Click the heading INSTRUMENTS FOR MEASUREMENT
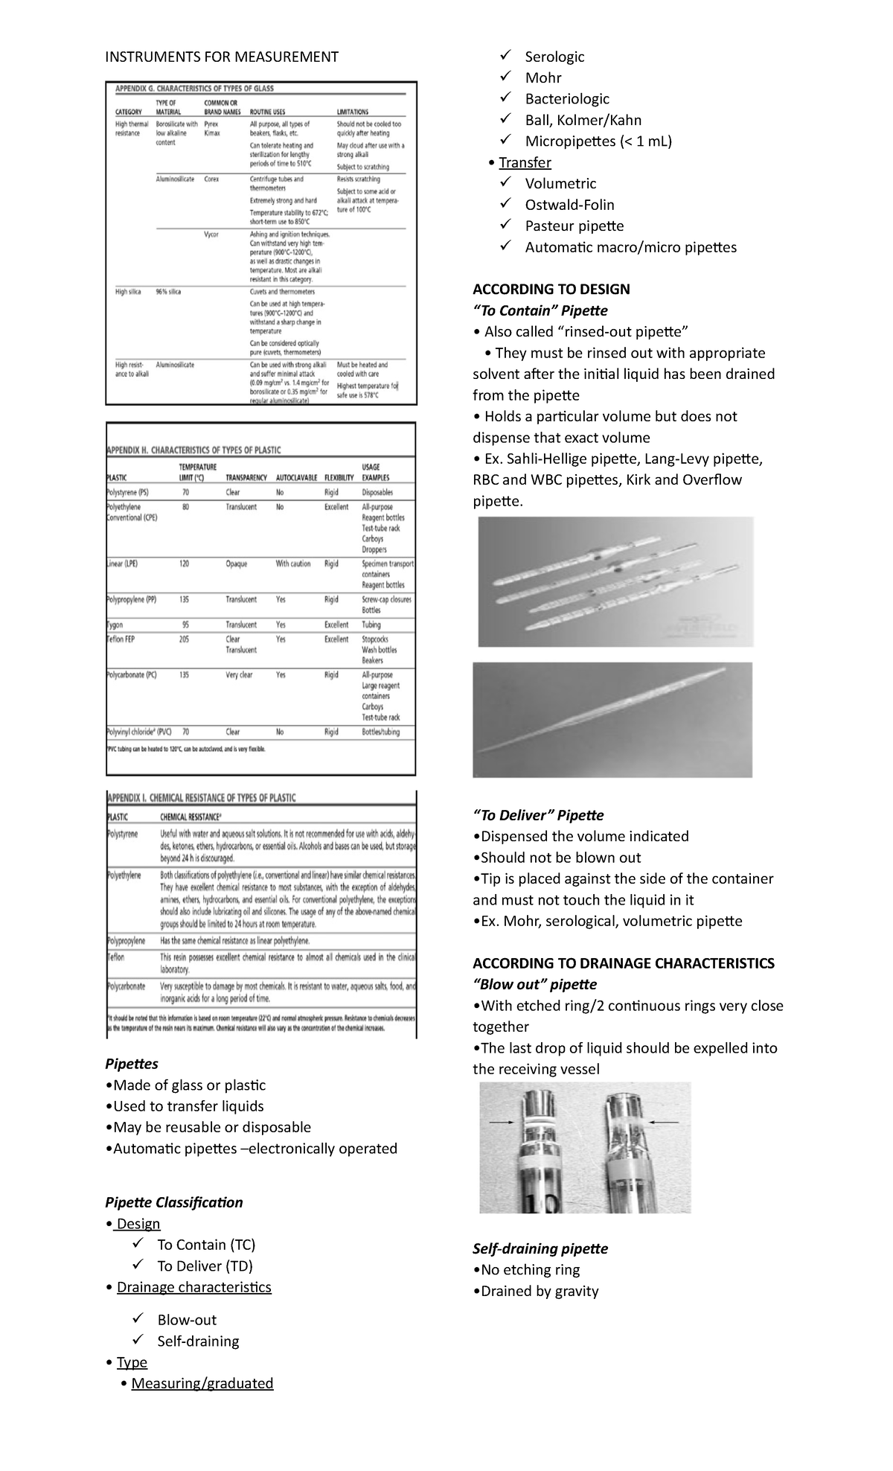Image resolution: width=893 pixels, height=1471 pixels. (221, 57)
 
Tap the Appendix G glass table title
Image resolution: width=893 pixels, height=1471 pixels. (205, 88)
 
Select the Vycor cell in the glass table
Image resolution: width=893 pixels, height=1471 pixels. (211, 234)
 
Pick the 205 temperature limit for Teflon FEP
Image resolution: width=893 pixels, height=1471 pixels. (184, 639)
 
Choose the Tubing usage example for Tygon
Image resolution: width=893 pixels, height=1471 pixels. (371, 625)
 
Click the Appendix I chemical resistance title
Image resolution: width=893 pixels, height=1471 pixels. (202, 797)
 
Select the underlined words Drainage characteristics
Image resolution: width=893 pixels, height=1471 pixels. (193, 1287)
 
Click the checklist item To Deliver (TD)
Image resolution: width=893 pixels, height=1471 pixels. (205, 1266)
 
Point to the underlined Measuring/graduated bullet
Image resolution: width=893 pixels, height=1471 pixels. (202, 1383)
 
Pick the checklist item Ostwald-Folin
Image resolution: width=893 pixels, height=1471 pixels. (569, 205)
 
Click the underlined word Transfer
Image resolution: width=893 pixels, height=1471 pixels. (525, 162)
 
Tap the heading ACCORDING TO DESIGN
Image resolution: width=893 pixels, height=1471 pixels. (551, 289)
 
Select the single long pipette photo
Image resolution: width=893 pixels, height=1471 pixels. (612, 719)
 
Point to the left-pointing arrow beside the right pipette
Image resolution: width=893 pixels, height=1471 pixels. (664, 1121)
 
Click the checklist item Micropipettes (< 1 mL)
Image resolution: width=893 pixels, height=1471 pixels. (598, 141)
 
